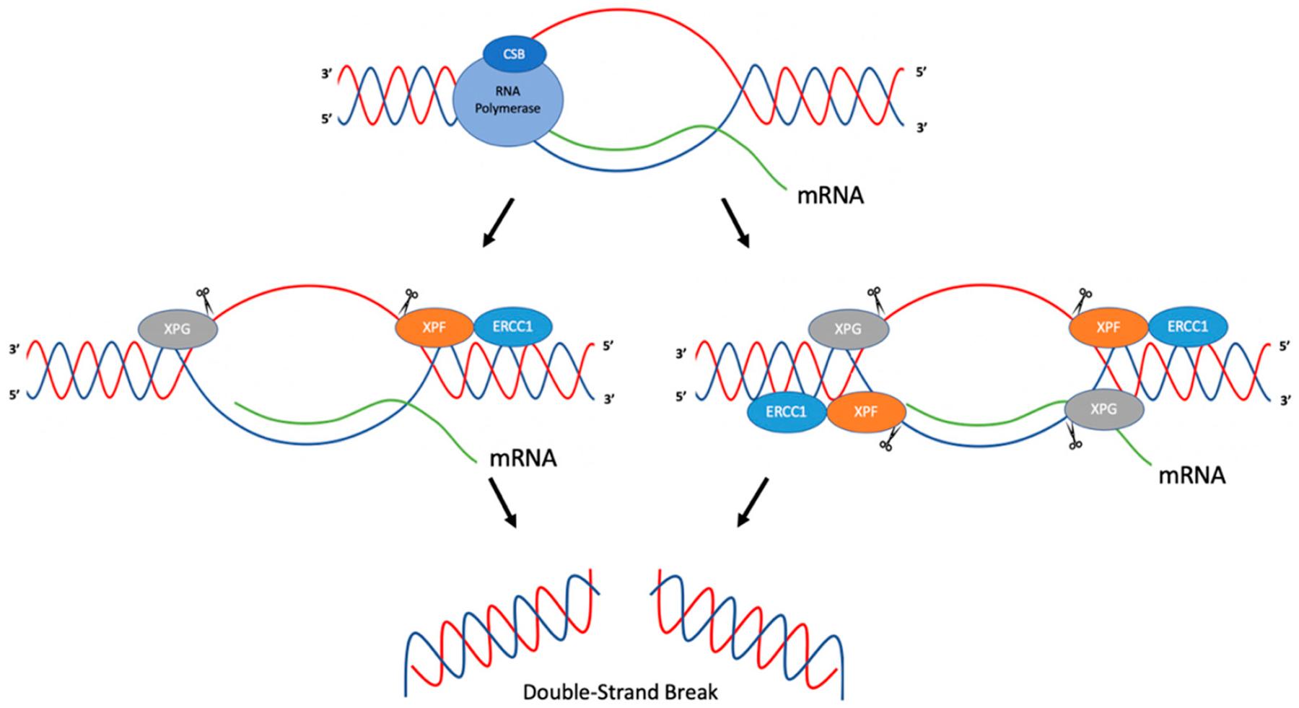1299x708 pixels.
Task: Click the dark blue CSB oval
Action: [x=514, y=54]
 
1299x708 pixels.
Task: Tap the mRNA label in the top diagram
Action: [x=830, y=196]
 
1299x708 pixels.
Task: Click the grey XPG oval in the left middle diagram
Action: [x=178, y=328]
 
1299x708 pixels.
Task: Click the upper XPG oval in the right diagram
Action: [x=848, y=329]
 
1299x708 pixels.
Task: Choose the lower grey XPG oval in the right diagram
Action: [x=1104, y=409]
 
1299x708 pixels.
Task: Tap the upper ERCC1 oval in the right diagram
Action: [x=1187, y=327]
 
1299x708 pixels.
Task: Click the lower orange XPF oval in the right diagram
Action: [x=866, y=413]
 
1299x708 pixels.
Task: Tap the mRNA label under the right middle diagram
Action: [x=1191, y=476]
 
